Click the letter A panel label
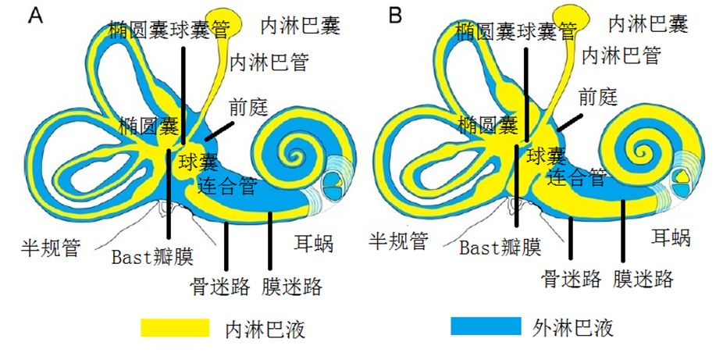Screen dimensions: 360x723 point(36,16)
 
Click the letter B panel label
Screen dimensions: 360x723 point(397,15)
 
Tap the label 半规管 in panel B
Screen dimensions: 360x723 point(398,241)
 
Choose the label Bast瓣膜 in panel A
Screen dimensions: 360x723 point(151,257)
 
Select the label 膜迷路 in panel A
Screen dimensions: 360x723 point(293,286)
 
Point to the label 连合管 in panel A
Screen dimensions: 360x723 point(226,187)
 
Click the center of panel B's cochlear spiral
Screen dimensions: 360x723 point(645,148)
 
